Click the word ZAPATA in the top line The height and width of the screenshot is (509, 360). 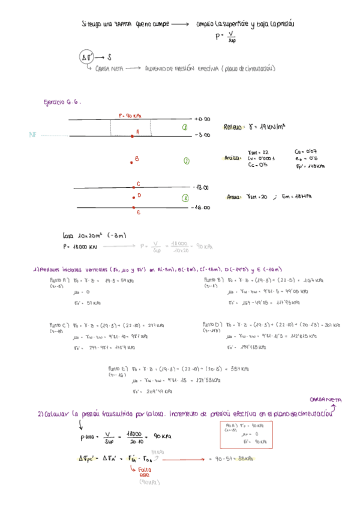pyautogui.click(x=123, y=25)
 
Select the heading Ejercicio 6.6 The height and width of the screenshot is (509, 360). pyautogui.click(x=62, y=102)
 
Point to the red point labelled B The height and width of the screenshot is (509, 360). pyautogui.click(x=132, y=161)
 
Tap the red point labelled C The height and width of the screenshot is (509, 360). pyautogui.click(x=133, y=187)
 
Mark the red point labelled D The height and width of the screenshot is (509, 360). pyautogui.click(x=133, y=196)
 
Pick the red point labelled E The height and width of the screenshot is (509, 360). pyautogui.click(x=133, y=208)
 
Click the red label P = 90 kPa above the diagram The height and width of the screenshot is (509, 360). pyautogui.click(x=130, y=115)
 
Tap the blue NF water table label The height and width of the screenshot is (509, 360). pyautogui.click(x=33, y=135)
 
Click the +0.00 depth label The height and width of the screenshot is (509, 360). pyautogui.click(x=202, y=119)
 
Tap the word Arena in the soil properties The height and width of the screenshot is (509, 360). pyautogui.click(x=233, y=196)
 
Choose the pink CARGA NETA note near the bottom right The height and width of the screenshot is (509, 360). pyautogui.click(x=325, y=399)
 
